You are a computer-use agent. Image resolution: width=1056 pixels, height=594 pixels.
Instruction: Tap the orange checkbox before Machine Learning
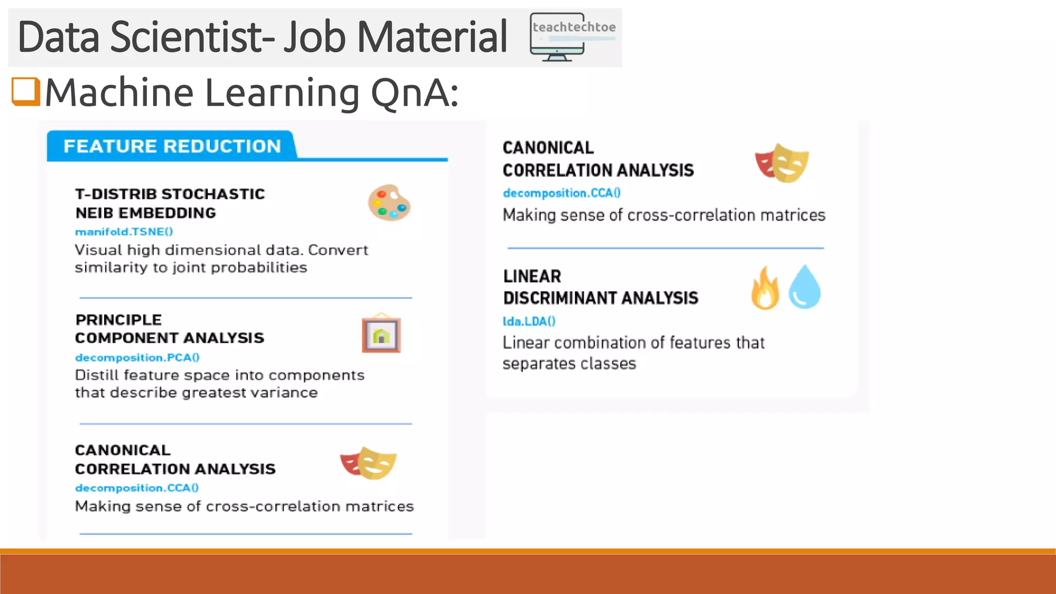(26, 91)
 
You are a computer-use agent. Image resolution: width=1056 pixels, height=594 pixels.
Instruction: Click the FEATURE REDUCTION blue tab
(172, 146)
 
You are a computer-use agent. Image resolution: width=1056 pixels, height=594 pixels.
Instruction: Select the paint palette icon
(389, 203)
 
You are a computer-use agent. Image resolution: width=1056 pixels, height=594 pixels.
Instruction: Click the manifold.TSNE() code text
(124, 232)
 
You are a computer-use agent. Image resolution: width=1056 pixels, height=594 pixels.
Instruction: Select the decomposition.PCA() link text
(137, 357)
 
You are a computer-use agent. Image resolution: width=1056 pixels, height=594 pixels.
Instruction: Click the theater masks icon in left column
(368, 463)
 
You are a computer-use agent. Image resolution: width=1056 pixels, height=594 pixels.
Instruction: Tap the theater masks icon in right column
(782, 163)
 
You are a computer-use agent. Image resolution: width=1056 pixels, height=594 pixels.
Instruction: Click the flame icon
(765, 288)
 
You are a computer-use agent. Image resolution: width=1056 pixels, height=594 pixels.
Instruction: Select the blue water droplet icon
(804, 287)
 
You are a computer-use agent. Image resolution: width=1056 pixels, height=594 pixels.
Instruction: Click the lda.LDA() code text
(529, 321)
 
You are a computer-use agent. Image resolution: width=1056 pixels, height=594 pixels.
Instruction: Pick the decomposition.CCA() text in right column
(562, 193)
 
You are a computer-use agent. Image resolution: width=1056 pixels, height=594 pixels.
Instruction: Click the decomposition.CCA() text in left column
(137, 488)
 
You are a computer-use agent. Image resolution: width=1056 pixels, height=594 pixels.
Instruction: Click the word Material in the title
(432, 37)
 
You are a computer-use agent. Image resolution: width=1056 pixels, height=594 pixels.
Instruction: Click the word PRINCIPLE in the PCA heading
(119, 320)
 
